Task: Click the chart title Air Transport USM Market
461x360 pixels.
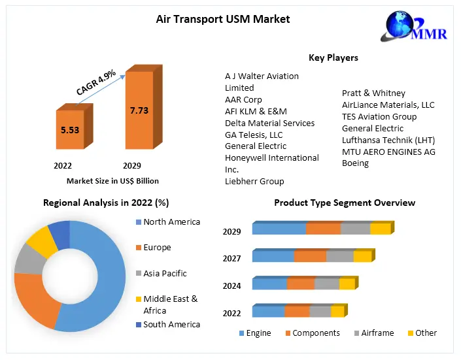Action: point(223,19)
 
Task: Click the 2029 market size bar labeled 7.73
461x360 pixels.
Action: point(139,111)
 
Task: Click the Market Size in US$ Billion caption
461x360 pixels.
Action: point(112,181)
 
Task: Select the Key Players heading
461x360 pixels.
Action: point(333,57)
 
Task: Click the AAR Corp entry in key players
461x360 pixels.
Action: point(243,99)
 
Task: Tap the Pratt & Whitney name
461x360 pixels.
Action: point(373,93)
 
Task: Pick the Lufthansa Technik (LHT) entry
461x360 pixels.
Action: point(388,140)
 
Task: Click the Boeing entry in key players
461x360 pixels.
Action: point(355,163)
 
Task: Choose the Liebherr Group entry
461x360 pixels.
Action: point(254,181)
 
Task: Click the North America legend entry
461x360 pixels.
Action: point(171,222)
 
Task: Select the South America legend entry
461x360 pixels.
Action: point(171,325)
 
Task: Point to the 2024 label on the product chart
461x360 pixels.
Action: point(231,286)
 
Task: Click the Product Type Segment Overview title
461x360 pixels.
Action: point(345,203)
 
